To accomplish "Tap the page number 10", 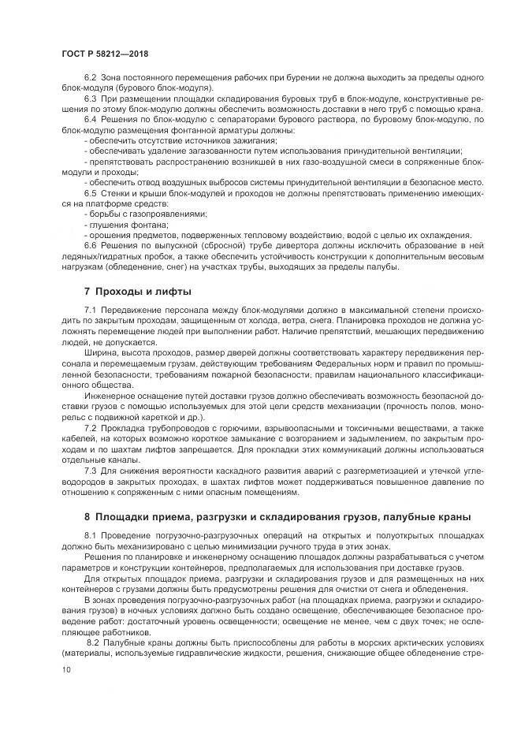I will click(65, 668).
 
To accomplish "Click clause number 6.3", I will click(90, 100).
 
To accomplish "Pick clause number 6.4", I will click(90, 120).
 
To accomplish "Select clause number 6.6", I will click(90, 245).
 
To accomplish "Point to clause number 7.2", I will click(90, 426).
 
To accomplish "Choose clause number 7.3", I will click(90, 471).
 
